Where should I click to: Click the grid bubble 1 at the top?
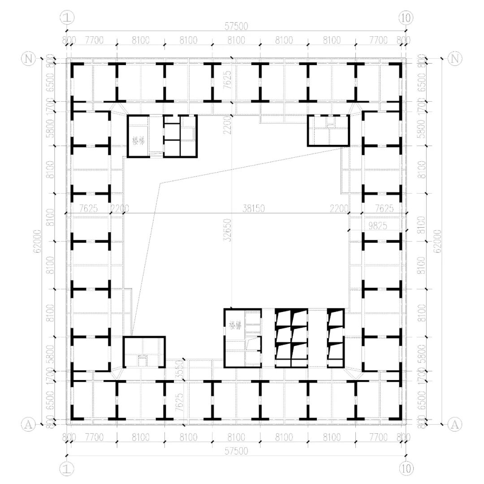tap(66, 17)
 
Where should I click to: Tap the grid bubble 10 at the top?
tap(406, 17)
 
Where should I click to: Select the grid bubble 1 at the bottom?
tap(66, 469)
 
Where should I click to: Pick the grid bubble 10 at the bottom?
tap(406, 469)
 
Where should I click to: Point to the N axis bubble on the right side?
tap(455, 58)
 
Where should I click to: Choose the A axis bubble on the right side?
tap(455, 423)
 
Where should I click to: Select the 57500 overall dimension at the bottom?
tap(236, 451)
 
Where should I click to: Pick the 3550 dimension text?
tap(180, 370)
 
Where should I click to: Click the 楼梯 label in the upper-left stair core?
tap(138, 140)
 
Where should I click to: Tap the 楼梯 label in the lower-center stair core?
tap(235, 324)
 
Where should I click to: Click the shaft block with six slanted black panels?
tap(291, 338)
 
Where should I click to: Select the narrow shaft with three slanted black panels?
tap(336, 338)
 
